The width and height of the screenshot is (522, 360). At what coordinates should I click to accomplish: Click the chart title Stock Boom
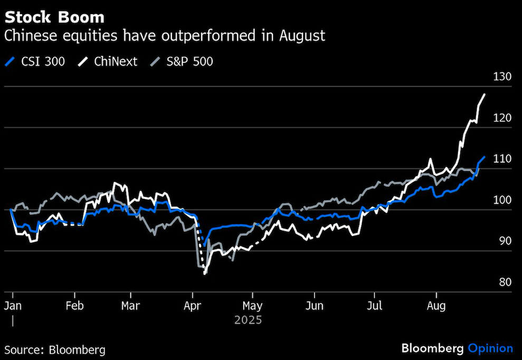pyautogui.click(x=54, y=17)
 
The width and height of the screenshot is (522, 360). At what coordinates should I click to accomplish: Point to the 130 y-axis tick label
pyautogui.click(x=502, y=77)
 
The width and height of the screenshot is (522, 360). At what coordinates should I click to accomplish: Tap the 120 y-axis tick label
pyautogui.click(x=502, y=118)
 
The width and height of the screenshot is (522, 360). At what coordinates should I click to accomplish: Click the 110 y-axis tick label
pyautogui.click(x=502, y=159)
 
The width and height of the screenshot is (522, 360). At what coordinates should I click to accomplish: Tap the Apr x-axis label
pyautogui.click(x=193, y=306)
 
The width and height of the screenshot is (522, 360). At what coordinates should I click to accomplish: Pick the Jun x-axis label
pyautogui.click(x=315, y=306)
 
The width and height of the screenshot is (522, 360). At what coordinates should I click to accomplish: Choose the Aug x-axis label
pyautogui.click(x=436, y=306)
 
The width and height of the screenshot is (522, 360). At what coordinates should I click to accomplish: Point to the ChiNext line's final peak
pyautogui.click(x=485, y=94)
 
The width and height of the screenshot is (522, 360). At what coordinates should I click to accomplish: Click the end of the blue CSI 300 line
pyautogui.click(x=485, y=157)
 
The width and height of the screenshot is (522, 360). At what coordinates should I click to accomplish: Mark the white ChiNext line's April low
pyautogui.click(x=204, y=273)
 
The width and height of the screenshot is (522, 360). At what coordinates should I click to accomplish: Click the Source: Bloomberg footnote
pyautogui.click(x=55, y=349)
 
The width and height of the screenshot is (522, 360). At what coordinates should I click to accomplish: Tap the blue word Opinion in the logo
pyautogui.click(x=490, y=348)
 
